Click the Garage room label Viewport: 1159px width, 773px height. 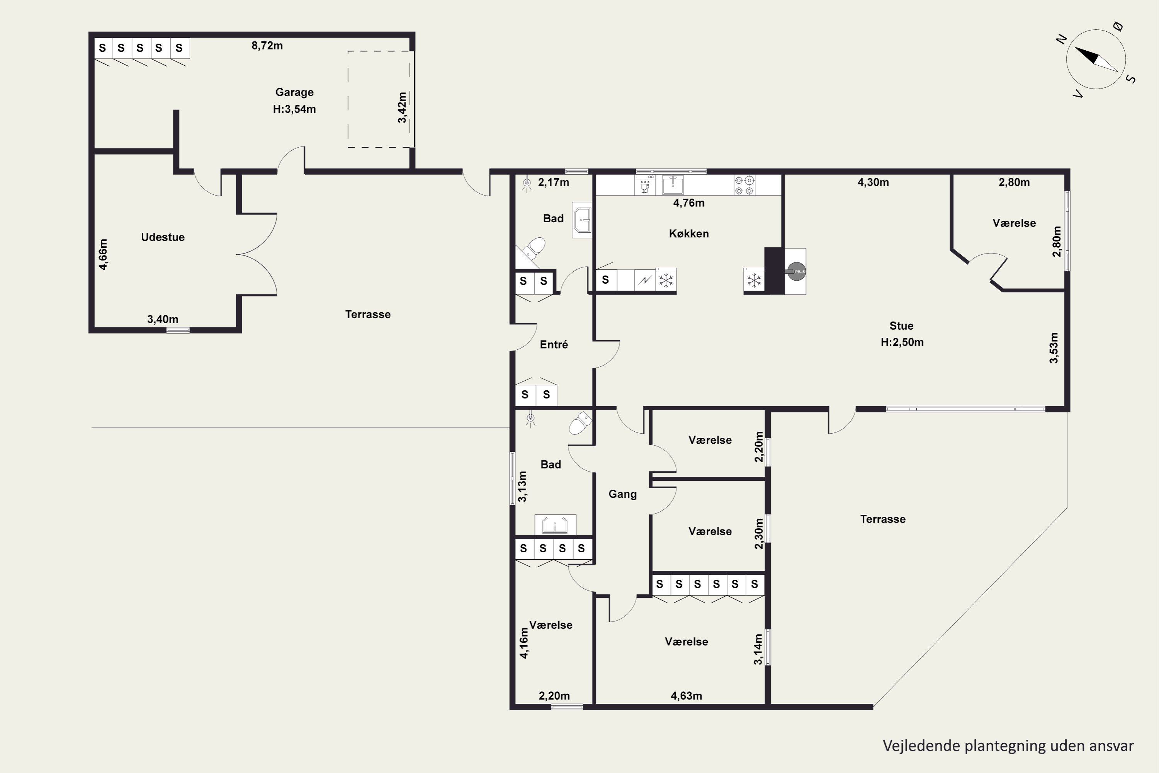(x=294, y=92)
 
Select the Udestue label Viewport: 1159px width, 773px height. (x=163, y=237)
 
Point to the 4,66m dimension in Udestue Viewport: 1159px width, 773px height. (x=103, y=254)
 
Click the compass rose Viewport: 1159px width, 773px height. (x=1096, y=59)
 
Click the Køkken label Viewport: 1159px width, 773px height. (x=689, y=234)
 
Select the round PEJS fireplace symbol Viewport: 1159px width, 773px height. (x=796, y=271)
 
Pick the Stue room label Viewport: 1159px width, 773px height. (x=901, y=326)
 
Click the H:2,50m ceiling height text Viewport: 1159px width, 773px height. (x=902, y=342)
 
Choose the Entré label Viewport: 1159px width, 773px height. (x=554, y=345)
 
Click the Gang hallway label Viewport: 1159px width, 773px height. (x=622, y=494)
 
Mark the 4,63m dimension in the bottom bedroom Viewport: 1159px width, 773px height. (x=687, y=696)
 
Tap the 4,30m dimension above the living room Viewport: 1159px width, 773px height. (x=873, y=182)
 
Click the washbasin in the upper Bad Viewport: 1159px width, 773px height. (x=582, y=220)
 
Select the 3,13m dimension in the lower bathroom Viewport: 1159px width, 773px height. (x=522, y=487)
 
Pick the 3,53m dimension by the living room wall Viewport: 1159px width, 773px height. (x=1054, y=348)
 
